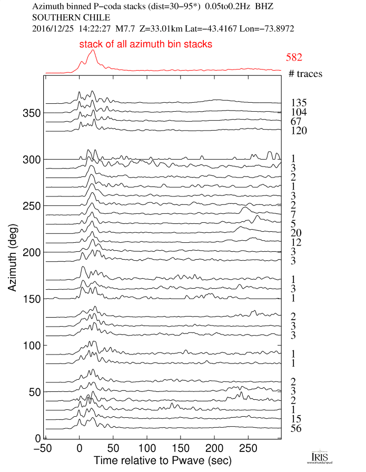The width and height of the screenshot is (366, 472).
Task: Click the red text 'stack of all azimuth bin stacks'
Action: click(x=146, y=45)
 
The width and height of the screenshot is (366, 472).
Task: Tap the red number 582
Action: click(x=293, y=57)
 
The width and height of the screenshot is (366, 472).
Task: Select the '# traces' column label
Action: click(x=305, y=74)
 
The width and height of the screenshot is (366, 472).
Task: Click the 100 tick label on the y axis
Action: click(x=32, y=345)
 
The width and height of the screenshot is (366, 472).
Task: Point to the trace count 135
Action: click(x=298, y=103)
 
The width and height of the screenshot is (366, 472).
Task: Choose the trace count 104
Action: click(x=298, y=112)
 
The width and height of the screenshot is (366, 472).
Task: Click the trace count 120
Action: click(x=298, y=131)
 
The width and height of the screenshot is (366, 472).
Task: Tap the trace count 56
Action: click(x=295, y=428)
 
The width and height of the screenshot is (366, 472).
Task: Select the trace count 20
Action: click(x=295, y=233)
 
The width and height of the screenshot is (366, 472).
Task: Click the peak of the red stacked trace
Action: click(x=93, y=51)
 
